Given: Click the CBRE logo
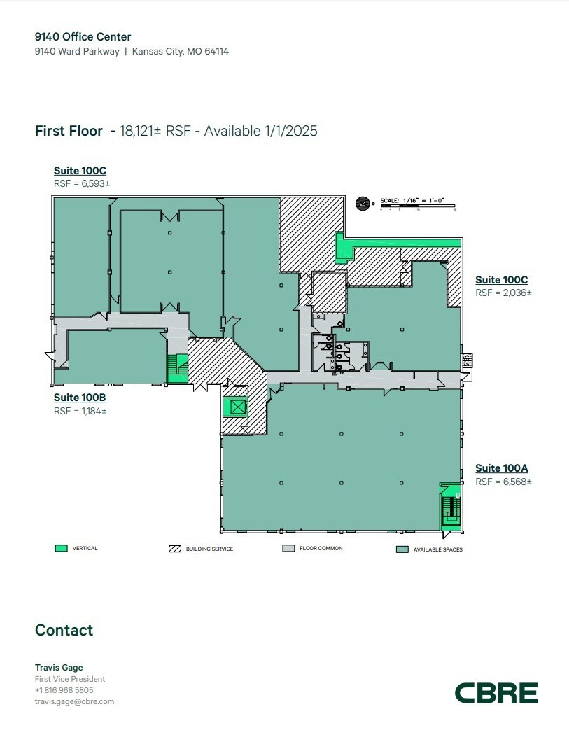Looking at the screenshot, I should click(496, 693).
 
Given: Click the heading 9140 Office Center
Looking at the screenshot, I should click(83, 36).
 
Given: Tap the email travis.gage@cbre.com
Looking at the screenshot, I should click(74, 701).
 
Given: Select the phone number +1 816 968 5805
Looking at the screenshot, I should click(64, 690).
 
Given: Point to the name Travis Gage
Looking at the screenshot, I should click(59, 668).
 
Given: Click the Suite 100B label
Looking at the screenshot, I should click(80, 398).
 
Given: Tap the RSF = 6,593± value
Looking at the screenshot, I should click(82, 183).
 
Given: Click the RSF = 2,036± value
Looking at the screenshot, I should click(503, 293).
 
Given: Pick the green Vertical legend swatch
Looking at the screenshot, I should click(61, 548).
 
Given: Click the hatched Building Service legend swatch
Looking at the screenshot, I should click(175, 549).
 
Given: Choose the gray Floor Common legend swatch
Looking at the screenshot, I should click(288, 549).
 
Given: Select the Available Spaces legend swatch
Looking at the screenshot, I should click(402, 549).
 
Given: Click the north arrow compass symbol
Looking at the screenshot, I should click(363, 203).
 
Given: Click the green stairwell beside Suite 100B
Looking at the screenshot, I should click(178, 368).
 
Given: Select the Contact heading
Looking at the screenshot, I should click(64, 630).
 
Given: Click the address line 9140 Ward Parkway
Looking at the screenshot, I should click(77, 51).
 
